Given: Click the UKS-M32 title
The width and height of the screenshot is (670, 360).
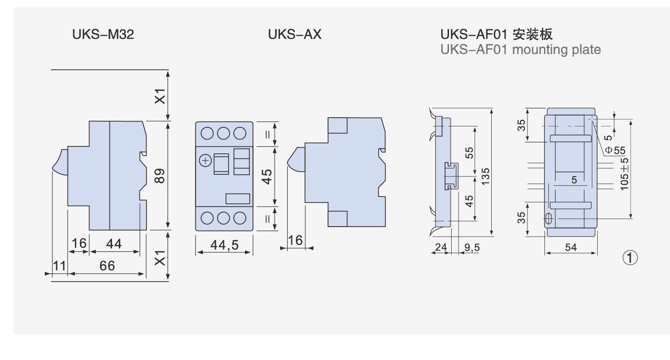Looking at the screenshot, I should (103, 34).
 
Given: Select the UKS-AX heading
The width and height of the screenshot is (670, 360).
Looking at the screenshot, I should (295, 34).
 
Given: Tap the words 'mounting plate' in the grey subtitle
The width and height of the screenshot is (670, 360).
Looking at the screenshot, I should (556, 50).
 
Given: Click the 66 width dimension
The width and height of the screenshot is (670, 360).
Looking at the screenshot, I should (107, 265).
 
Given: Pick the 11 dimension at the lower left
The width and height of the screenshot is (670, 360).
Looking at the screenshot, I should (59, 265).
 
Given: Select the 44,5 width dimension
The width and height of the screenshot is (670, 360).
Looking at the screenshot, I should (224, 245).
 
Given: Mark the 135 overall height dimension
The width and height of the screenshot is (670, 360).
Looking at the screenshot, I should (486, 176).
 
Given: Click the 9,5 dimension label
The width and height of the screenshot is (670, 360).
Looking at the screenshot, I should (472, 248).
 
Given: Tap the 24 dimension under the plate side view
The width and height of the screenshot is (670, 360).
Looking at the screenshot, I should (441, 248).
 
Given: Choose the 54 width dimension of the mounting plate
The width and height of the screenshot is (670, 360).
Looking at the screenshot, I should (571, 248).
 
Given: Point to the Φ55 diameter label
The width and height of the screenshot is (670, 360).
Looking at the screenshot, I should (615, 151).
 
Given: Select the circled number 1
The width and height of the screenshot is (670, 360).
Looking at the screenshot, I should (630, 258).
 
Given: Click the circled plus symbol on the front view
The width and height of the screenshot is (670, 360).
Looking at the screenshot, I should (205, 161).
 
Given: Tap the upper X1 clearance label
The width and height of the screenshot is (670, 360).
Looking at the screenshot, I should (160, 96).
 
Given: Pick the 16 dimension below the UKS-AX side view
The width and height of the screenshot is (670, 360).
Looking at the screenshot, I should (295, 240).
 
